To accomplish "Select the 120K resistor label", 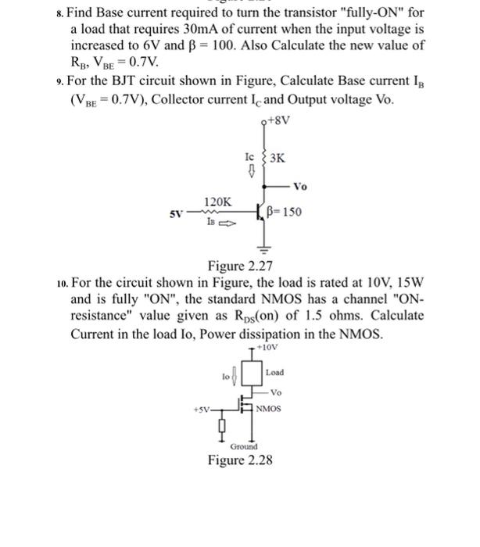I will pyautogui.click(x=217, y=202).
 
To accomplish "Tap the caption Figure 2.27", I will pyautogui.click(x=238, y=264).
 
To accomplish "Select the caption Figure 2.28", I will pyautogui.click(x=240, y=460).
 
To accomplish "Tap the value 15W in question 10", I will pyautogui.click(x=408, y=283).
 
